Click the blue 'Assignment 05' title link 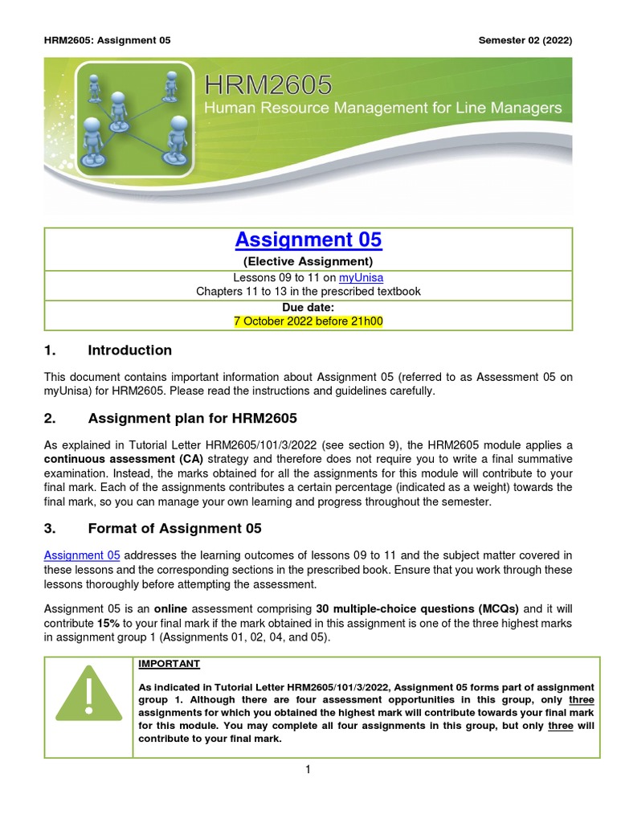308,240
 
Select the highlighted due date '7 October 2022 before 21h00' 308,321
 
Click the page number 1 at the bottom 308,769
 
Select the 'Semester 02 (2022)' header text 525,40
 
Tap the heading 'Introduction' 129,350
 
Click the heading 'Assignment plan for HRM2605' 192,418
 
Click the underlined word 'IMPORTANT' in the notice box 169,664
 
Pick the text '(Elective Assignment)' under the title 308,261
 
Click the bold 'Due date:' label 308,307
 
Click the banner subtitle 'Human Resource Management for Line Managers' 383,109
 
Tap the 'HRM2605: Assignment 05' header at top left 107,40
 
